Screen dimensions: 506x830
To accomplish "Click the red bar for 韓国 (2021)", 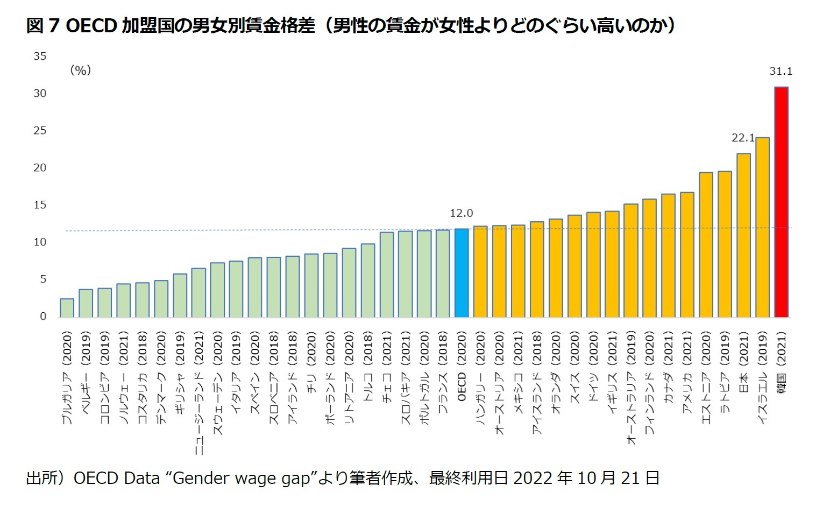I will [x=781, y=202].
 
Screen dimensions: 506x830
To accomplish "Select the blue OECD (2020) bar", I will [x=462, y=273].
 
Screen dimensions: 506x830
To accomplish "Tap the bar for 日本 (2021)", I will [x=743, y=235].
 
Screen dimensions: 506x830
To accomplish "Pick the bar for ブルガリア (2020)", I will [x=67, y=308].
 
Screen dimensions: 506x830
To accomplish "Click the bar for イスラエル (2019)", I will [x=762, y=227].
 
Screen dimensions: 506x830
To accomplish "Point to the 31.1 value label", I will [x=781, y=71].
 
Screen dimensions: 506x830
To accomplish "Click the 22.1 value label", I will [x=743, y=138].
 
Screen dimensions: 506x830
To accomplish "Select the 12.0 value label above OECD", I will [x=461, y=213].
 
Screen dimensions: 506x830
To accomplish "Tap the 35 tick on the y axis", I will [x=40, y=56].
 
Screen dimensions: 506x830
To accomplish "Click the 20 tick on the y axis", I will [x=40, y=167].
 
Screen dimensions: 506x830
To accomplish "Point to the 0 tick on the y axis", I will [x=43, y=317].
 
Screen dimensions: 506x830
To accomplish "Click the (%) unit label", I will [x=81, y=70].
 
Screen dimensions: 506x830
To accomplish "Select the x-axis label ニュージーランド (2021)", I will [x=198, y=393].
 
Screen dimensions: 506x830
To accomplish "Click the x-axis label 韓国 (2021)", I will [x=781, y=363].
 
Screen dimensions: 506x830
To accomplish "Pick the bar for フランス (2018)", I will [x=443, y=273].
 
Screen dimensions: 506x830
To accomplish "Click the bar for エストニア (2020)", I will [x=706, y=244].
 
